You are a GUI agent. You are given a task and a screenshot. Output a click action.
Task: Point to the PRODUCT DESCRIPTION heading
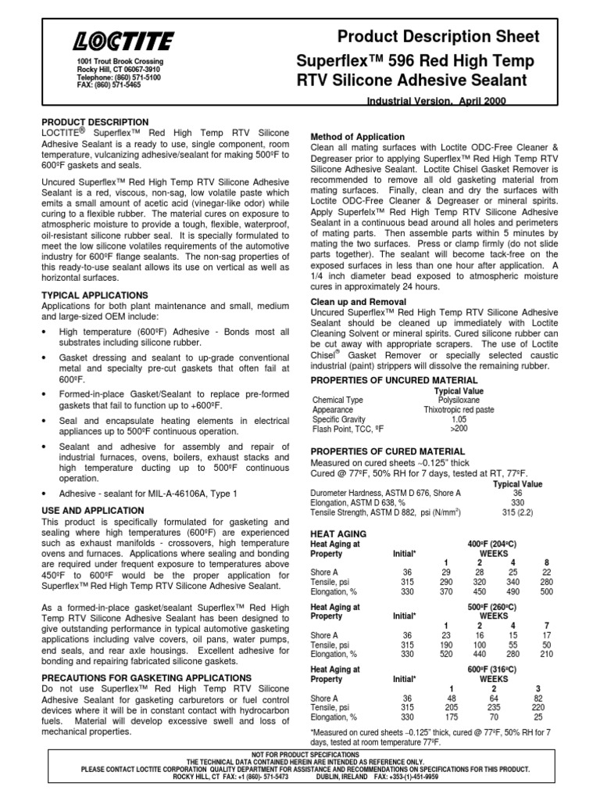(x=95, y=122)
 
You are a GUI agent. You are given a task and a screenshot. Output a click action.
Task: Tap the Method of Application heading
(x=358, y=137)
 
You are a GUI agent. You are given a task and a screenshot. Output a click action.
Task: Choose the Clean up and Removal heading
(x=358, y=301)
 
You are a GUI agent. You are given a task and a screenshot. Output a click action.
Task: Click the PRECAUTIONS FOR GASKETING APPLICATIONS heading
(x=146, y=677)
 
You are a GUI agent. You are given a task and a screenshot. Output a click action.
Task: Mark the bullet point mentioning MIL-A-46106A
(x=148, y=494)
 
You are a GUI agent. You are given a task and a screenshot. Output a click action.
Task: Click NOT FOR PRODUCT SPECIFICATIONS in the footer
(x=299, y=753)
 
